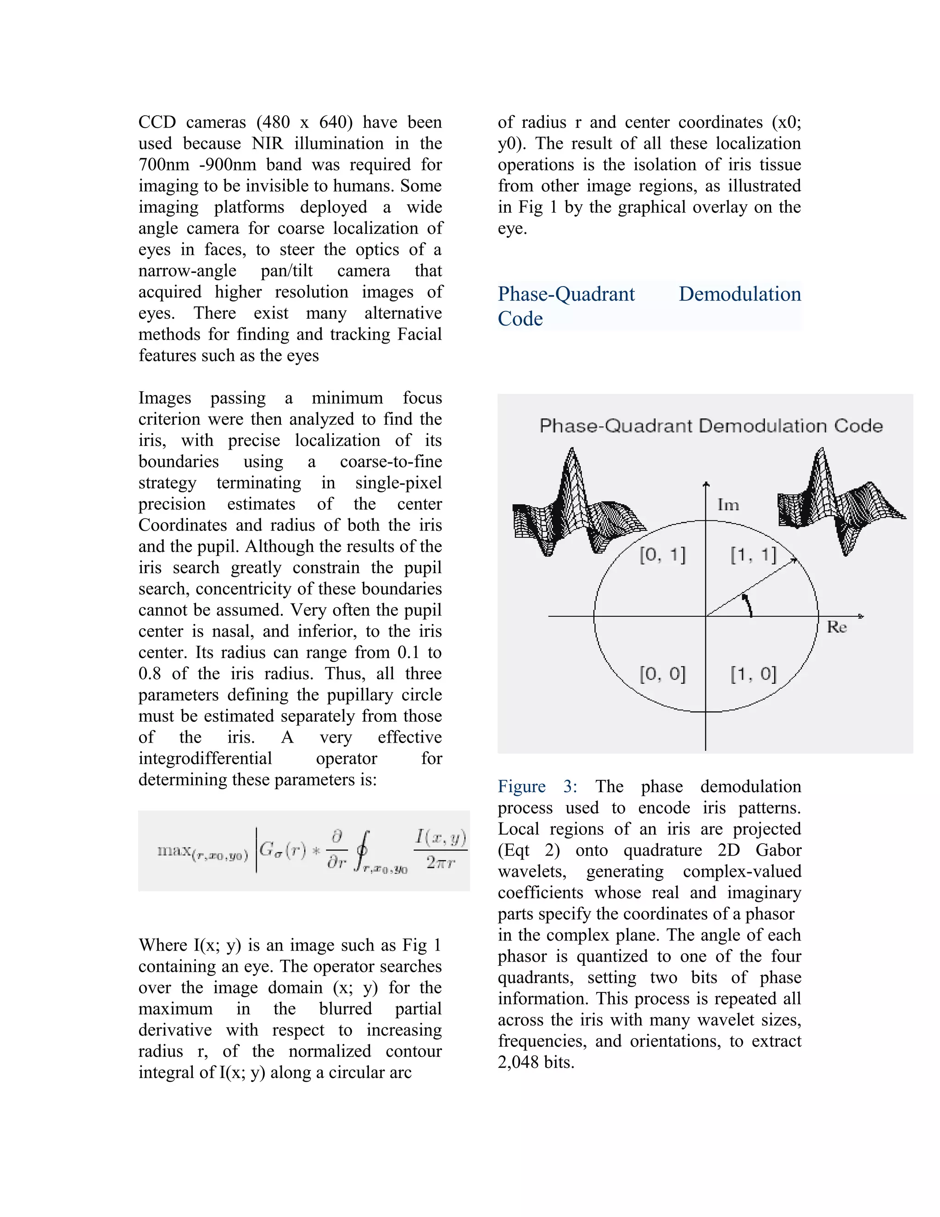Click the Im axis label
728,505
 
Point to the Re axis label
836,627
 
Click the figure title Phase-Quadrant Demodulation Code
711,426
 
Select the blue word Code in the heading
520,319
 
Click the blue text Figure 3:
537,786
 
